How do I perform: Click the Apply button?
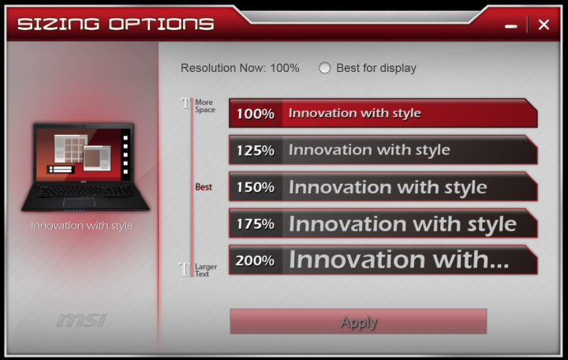click(358, 321)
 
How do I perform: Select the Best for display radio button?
click(324, 68)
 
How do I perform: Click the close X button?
click(544, 24)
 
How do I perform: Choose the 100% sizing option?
click(383, 113)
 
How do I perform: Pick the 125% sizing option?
click(383, 150)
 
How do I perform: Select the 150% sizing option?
click(383, 186)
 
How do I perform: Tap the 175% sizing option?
click(383, 223)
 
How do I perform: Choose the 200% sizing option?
click(383, 260)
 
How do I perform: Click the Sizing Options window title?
click(115, 24)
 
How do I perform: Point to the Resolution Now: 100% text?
click(240, 68)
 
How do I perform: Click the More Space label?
click(205, 106)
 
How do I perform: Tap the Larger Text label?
click(206, 270)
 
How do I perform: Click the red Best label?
click(204, 187)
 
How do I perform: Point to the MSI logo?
click(82, 320)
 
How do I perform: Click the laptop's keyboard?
click(84, 191)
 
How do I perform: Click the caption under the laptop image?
click(82, 226)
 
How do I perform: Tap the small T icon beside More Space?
click(185, 103)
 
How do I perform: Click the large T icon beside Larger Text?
click(185, 270)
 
